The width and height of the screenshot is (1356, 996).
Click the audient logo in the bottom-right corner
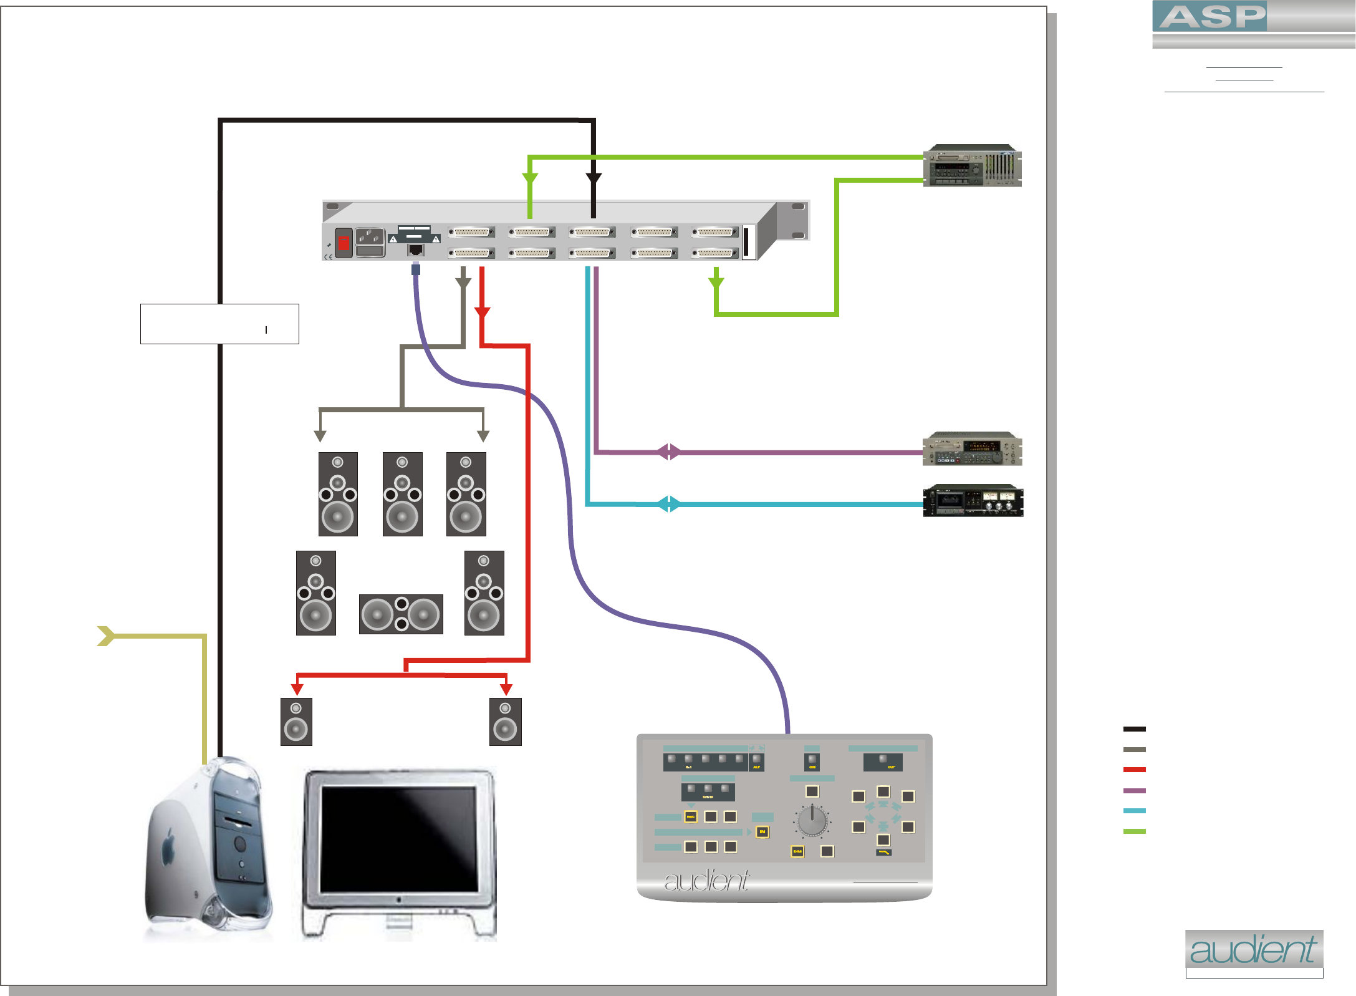point(1253,950)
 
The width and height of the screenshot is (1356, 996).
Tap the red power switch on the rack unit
point(344,242)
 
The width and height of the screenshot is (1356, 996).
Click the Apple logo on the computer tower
point(167,850)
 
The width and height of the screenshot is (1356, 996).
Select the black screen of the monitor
point(398,838)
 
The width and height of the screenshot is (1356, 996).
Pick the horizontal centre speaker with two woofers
point(401,614)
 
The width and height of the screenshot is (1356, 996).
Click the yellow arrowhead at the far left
point(106,636)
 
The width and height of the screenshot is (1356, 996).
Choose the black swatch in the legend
point(1134,728)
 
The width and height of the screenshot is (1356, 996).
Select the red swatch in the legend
point(1134,770)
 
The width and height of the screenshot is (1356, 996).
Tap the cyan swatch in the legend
point(1134,811)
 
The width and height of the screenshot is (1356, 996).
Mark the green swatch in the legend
point(1134,831)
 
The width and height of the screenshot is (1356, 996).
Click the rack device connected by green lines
point(972,167)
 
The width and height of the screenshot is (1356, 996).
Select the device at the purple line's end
point(972,449)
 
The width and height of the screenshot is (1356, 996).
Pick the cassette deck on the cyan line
point(973,501)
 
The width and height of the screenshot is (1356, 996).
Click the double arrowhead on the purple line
point(669,452)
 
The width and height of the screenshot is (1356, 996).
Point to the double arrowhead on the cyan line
point(669,504)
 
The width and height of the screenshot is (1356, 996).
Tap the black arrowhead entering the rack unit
point(594,179)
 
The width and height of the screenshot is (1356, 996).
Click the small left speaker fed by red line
point(296,722)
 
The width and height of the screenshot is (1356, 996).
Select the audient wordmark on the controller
point(706,881)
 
